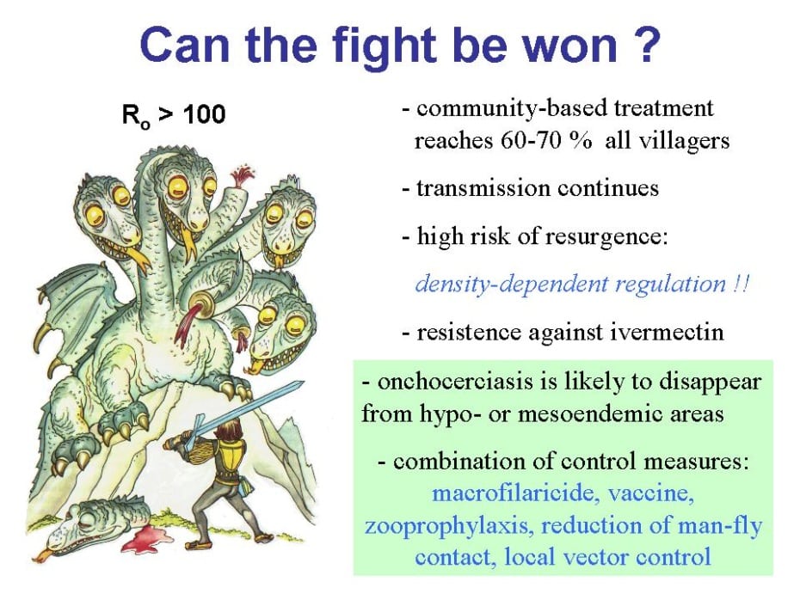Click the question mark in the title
644,45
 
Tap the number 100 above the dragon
204,113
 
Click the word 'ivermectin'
667,333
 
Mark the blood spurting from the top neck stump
240,176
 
